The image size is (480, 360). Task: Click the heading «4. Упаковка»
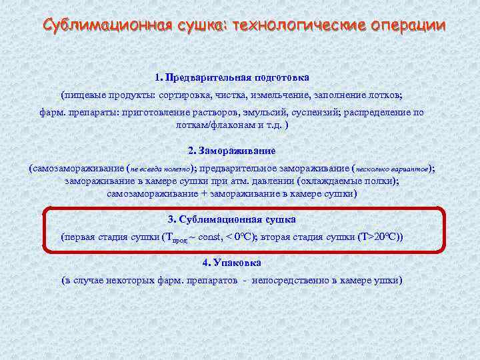tap(231, 263)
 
